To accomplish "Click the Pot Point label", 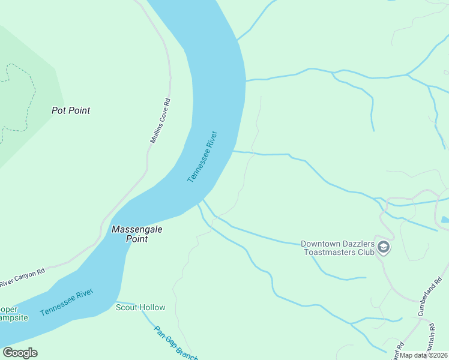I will tap(71, 110).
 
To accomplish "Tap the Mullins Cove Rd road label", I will tap(160, 121).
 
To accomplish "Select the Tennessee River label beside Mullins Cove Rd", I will tap(202, 157).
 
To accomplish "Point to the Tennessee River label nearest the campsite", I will tap(67, 302).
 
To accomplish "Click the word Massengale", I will tap(137, 229).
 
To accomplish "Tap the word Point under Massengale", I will tap(137, 239).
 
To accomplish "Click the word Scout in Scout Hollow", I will tap(127, 308).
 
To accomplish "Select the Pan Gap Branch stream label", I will tap(176, 343).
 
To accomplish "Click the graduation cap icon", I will tap(384, 247).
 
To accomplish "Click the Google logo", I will tap(20, 353).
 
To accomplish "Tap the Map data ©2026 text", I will tap(424, 355).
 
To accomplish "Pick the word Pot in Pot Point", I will tap(58, 110).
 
